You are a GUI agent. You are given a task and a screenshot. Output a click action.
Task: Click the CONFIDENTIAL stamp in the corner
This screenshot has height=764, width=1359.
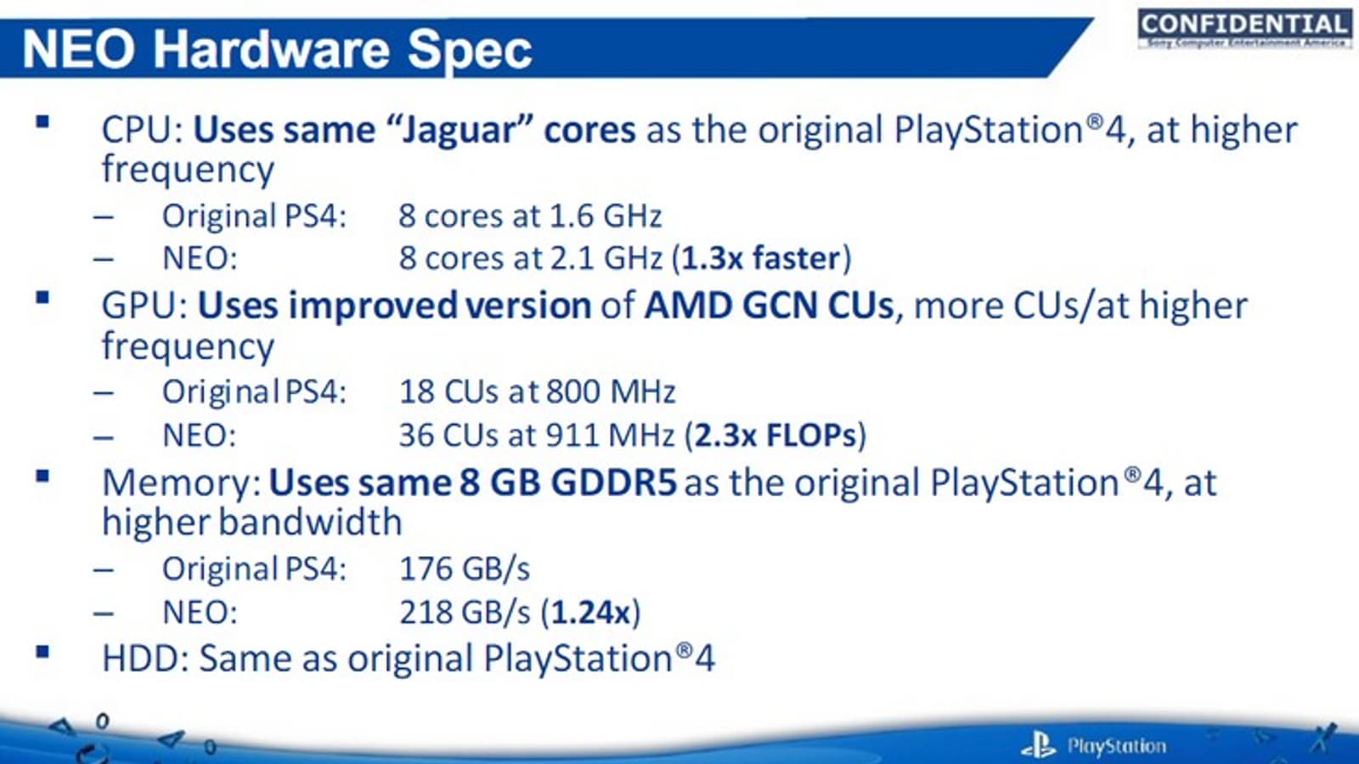[1245, 28]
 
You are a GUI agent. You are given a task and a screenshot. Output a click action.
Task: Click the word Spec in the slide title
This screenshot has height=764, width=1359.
[469, 50]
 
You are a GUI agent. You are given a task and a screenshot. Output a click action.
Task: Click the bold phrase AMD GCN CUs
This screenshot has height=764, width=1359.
[769, 305]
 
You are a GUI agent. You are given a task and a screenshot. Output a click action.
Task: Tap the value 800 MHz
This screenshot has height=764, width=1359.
[611, 391]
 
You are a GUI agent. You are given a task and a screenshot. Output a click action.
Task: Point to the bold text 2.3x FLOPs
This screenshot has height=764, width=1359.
[775, 435]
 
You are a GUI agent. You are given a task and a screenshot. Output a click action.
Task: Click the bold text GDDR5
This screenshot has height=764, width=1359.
[614, 483]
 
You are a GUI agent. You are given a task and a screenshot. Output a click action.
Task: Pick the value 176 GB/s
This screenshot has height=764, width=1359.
[465, 569]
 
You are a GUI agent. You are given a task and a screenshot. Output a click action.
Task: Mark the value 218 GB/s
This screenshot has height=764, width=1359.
[465, 612]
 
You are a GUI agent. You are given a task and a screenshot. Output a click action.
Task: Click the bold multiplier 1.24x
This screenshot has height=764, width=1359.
[590, 612]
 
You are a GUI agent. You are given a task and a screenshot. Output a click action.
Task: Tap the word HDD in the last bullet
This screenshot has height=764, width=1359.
[141, 659]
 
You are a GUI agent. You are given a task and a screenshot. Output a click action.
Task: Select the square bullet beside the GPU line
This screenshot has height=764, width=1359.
[42, 298]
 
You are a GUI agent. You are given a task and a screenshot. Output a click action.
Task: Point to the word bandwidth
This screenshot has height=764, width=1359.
[310, 522]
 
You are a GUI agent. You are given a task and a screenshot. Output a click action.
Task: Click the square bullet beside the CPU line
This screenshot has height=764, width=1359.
[42, 122]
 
